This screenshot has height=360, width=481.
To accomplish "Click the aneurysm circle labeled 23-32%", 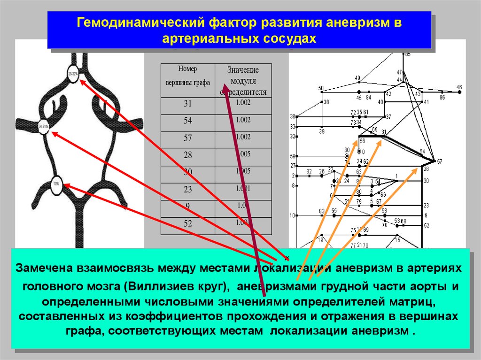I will [73, 75].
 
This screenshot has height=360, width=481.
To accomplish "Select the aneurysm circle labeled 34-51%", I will [44, 127].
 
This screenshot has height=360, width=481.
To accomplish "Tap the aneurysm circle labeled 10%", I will [56, 183].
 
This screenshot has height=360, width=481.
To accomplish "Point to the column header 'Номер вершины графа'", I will [188, 76].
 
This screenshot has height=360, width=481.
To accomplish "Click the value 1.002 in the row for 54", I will [243, 120].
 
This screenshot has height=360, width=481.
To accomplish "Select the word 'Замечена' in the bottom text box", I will [43, 268].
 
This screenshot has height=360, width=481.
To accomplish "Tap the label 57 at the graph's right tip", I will [439, 161].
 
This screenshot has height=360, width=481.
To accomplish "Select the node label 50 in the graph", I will [321, 88].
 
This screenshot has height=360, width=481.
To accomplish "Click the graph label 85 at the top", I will [407, 54].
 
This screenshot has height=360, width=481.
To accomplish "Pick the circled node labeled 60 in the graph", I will [347, 155].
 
